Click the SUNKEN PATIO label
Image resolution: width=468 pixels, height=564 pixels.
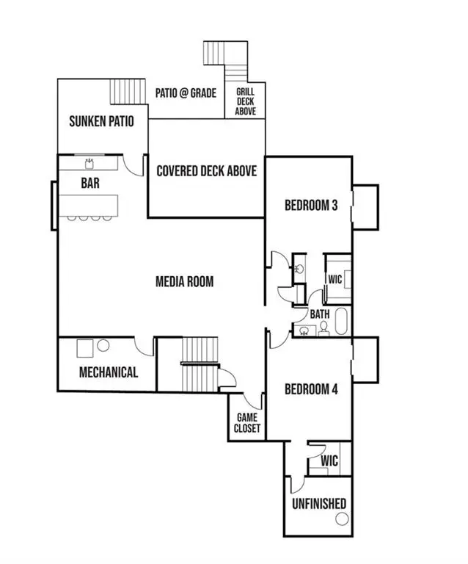[101, 121]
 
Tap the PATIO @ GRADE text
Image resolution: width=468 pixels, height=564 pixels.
[185, 94]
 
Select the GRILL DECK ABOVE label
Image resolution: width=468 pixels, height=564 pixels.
[245, 101]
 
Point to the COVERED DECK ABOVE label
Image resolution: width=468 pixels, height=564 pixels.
[207, 171]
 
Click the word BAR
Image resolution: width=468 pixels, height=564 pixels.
[90, 181]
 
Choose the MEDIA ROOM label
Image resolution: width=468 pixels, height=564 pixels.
[185, 281]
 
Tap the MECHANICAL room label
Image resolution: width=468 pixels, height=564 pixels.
[108, 372]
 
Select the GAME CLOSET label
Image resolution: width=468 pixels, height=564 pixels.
[246, 423]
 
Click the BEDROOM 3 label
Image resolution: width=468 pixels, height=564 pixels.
[311, 206]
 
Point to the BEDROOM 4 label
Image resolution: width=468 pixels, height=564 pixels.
[311, 389]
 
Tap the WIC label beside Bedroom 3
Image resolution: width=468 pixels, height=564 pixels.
[335, 280]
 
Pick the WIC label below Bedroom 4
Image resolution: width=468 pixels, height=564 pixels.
[330, 461]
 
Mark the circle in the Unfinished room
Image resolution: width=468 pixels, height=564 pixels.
[341, 519]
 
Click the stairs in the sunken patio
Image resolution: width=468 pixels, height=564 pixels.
[124, 93]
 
